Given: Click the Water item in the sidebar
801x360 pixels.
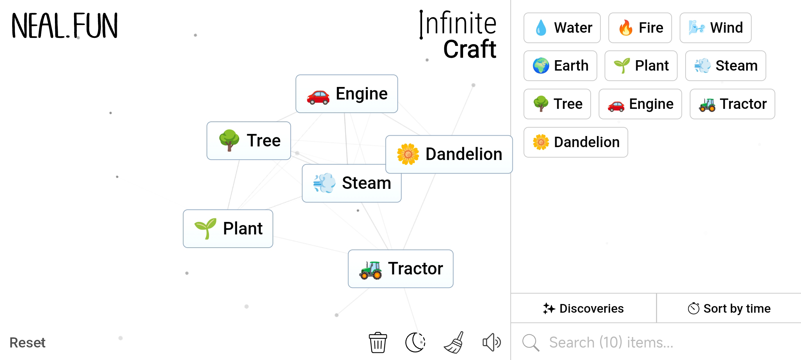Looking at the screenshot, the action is click(562, 28).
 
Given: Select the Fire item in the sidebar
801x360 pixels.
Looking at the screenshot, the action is click(640, 28).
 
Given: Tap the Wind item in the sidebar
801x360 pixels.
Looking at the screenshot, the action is click(715, 28).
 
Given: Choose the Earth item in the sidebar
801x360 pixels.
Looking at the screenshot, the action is click(560, 66).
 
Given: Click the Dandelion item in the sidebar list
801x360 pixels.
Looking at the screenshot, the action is click(576, 142).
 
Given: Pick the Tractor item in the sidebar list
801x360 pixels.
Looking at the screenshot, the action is click(733, 104).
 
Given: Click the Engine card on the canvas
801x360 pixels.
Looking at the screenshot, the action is click(347, 94).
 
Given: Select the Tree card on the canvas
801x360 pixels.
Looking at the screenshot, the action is click(249, 141).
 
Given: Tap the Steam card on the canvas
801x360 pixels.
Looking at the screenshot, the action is click(351, 183).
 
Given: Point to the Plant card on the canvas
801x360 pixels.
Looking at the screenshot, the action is click(228, 229).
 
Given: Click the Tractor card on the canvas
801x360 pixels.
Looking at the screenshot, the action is click(400, 269).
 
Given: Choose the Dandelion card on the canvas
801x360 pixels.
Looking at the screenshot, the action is click(449, 154).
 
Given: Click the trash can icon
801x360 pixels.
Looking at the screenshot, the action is click(378, 343).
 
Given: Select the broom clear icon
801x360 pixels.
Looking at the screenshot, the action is click(454, 342).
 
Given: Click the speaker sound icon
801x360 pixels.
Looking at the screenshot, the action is click(492, 343).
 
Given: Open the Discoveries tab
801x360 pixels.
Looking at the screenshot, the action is click(583, 309).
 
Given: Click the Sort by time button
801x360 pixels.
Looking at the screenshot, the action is click(729, 309).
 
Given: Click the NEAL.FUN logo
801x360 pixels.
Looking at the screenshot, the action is click(65, 26).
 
